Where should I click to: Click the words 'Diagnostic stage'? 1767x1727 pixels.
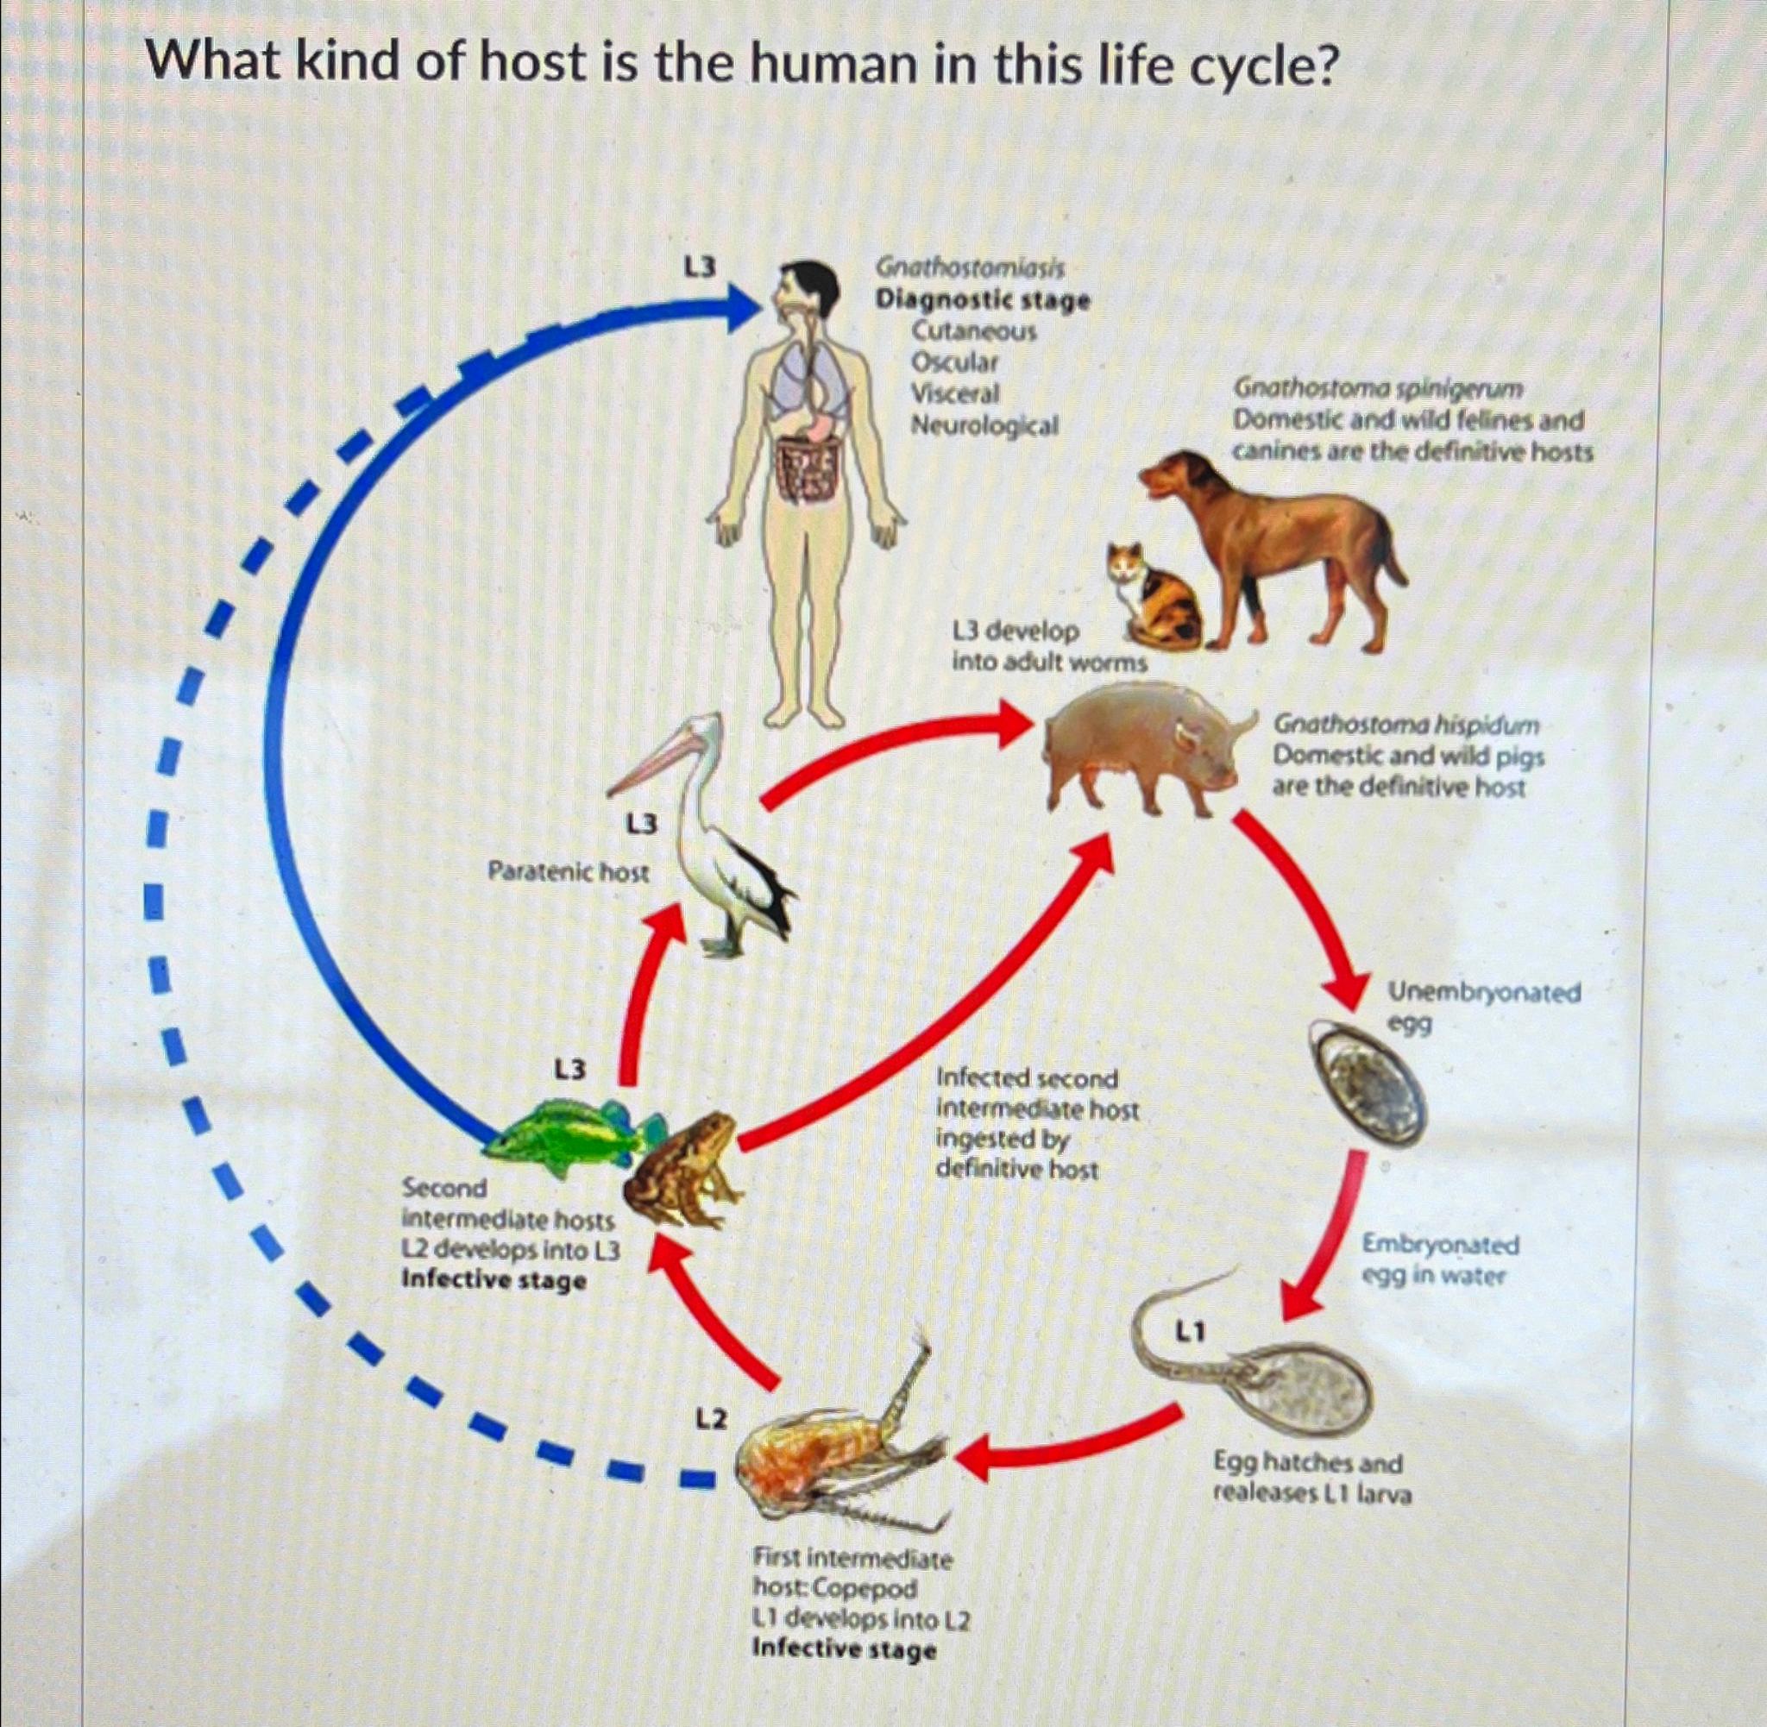point(982,299)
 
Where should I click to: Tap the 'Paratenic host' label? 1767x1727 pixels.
point(569,873)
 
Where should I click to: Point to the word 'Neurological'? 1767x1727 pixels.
point(984,424)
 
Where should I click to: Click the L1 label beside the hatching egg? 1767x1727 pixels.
point(1190,1332)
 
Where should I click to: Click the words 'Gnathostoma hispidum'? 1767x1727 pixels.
point(1406,725)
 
